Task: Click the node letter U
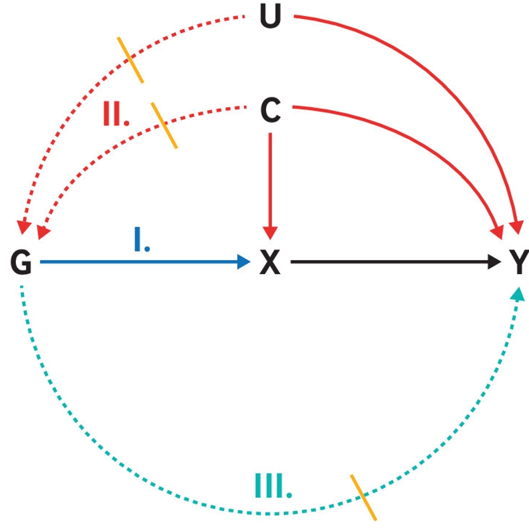coord(270,18)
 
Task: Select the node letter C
coord(270,111)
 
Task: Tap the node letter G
coord(21,264)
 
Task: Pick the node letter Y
coord(519,264)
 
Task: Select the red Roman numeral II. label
coord(116,114)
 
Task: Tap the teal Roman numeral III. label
coord(273,486)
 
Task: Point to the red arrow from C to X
coord(270,184)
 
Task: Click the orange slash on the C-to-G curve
coord(164,125)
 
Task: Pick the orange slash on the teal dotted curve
coord(363,497)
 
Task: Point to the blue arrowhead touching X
coord(245,262)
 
